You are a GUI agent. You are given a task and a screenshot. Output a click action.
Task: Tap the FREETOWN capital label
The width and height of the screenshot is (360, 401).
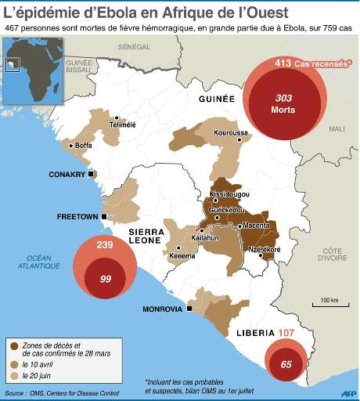(x=76, y=216)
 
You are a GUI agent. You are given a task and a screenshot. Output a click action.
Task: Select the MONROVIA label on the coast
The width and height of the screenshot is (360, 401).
(x=163, y=309)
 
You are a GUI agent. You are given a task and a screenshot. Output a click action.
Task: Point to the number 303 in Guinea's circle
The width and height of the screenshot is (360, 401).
(x=283, y=98)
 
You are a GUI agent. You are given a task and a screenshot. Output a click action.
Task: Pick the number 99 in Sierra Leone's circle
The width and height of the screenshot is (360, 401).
(x=104, y=279)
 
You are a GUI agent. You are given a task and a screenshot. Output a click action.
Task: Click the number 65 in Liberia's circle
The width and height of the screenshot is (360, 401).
(x=286, y=364)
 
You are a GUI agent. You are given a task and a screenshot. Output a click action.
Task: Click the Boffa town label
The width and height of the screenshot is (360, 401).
(x=83, y=145)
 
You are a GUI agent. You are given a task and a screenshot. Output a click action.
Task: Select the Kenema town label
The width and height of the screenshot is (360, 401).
(x=182, y=256)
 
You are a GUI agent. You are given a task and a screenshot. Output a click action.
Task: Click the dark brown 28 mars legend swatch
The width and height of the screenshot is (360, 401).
(x=13, y=345)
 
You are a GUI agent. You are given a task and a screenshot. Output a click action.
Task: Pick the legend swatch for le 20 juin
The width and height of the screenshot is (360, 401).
(x=13, y=376)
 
